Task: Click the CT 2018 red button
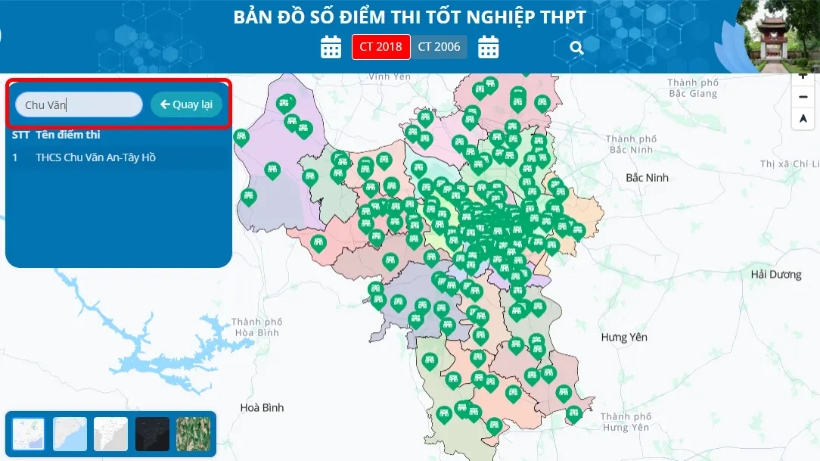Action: tap(380, 47)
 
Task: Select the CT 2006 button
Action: tap(439, 47)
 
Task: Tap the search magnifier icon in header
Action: tap(576, 48)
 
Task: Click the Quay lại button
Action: tap(186, 104)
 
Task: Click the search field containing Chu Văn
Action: tap(79, 104)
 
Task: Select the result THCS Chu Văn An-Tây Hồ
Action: tap(95, 157)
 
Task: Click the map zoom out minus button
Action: tap(803, 97)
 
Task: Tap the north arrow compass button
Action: tap(803, 119)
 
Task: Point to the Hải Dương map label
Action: tap(775, 275)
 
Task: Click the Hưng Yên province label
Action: tap(624, 337)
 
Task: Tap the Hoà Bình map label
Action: tap(262, 407)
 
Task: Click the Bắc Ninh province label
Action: tap(647, 177)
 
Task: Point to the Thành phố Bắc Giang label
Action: tap(692, 88)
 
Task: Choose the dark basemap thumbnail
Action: tap(152, 434)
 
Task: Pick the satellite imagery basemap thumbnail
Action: tap(193, 434)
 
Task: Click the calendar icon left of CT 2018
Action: tap(331, 47)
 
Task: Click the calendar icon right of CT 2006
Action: tap(489, 47)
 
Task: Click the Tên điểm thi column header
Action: tap(68, 135)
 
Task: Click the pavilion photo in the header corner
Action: tap(778, 36)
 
